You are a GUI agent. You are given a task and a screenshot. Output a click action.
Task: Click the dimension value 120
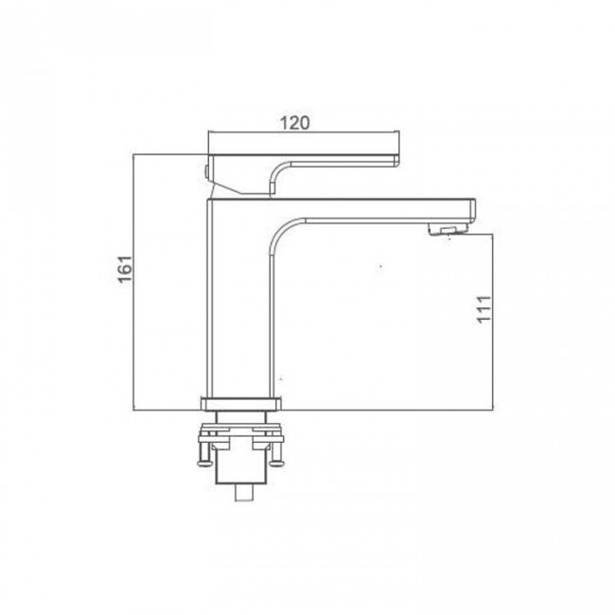pos(294,123)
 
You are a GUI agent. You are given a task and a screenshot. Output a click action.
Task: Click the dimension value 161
pos(126,269)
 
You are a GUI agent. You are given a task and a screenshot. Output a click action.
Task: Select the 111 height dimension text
pos(483,309)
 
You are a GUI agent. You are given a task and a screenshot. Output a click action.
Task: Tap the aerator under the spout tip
pos(448,229)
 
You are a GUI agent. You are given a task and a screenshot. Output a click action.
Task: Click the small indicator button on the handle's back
pos(205,171)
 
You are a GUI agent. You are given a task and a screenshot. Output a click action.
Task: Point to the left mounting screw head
pos(204,464)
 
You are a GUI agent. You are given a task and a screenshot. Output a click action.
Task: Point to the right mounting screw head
pos(276,463)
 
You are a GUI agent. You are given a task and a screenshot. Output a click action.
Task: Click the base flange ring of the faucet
pos(241,404)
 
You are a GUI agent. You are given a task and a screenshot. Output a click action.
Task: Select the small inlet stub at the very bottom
pos(243,492)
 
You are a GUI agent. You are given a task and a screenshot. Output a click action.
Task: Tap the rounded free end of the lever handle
pos(396,161)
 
